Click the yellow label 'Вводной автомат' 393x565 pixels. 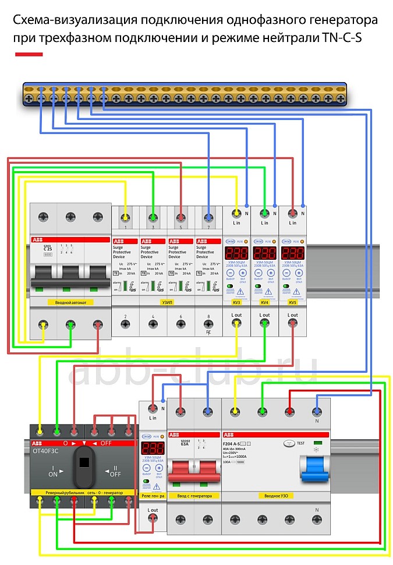[x=70, y=303]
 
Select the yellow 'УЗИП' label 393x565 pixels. [x=167, y=303]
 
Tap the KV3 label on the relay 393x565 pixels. [x=236, y=303]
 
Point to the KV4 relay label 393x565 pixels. [x=264, y=303]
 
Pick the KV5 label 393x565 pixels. [x=292, y=303]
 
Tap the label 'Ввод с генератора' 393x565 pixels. [x=194, y=496]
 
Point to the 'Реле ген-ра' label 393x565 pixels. [x=153, y=496]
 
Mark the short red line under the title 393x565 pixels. [x=29, y=54]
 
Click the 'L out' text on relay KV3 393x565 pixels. [x=236, y=315]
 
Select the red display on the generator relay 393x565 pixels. [x=153, y=449]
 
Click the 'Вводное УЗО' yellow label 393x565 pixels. [x=275, y=496]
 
